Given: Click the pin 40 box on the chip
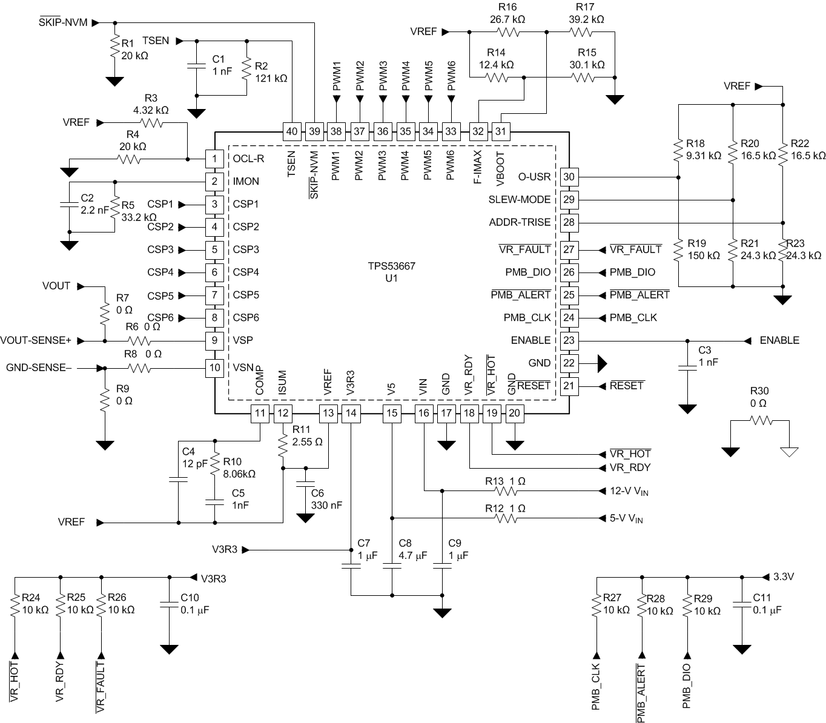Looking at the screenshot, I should (292, 131).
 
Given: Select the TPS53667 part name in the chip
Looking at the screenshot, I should (392, 266).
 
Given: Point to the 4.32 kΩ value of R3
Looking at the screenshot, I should (151, 111).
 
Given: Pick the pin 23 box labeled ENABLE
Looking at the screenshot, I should (569, 340).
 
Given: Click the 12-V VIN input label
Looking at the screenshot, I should (630, 491).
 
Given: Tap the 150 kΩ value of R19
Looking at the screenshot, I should (704, 256).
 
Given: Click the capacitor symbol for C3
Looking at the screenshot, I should (687, 367).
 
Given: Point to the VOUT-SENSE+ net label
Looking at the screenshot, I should (36, 341).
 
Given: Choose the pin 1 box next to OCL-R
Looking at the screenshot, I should (214, 159).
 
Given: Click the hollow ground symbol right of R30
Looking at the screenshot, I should (789, 451).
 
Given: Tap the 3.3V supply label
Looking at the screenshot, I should (784, 576).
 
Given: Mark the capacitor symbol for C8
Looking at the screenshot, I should (392, 567).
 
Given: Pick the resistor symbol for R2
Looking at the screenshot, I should (246, 68).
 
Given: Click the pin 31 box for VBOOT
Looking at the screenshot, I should (501, 131).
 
